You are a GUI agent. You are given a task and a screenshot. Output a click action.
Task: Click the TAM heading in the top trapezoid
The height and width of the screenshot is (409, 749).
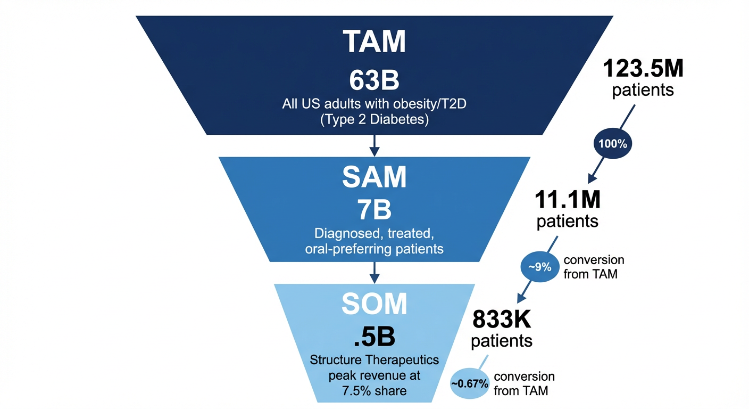pos(374,41)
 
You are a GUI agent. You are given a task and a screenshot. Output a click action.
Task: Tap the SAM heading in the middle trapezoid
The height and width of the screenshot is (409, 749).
pos(374,177)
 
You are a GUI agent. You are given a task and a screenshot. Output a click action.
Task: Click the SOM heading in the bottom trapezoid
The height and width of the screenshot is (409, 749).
pos(374,304)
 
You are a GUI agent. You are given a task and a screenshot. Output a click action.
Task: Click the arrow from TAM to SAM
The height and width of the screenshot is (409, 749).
pos(374,145)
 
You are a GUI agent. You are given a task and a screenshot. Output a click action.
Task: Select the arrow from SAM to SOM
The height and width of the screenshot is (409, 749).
pos(374,272)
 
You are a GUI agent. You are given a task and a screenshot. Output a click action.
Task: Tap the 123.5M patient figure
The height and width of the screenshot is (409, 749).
pos(643,69)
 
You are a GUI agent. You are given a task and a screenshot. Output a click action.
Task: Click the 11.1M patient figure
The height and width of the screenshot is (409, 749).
pos(567,200)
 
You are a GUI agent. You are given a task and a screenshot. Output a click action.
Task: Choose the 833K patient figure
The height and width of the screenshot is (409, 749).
pos(502,320)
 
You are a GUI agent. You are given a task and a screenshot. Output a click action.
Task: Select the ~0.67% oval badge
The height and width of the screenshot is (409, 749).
pos(470,383)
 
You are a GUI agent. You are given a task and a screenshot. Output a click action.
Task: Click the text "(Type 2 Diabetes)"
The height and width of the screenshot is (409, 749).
pos(374,120)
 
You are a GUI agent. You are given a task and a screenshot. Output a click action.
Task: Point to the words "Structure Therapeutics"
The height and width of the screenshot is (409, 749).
pos(374,360)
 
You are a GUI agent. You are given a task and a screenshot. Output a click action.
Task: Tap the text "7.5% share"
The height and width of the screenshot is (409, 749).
pos(374,391)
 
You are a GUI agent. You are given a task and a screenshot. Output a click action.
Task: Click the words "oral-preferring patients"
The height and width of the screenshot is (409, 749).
pos(374,249)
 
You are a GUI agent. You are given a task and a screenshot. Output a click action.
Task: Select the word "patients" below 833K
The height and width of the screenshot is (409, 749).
pos(502,341)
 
